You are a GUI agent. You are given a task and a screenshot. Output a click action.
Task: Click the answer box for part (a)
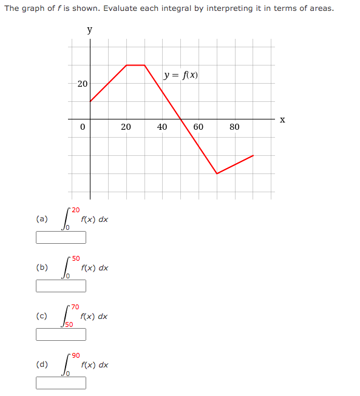tap(61, 237)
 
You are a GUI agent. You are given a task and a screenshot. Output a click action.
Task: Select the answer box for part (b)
tap(61, 286)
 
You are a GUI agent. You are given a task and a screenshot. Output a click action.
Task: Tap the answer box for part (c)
tap(61, 334)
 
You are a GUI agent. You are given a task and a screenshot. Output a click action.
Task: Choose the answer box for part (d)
tap(61, 383)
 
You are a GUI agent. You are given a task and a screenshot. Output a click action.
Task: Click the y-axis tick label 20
tap(82, 83)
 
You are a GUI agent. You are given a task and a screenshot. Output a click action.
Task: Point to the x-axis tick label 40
tap(162, 127)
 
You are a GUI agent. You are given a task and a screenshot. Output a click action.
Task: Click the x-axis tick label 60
tap(199, 127)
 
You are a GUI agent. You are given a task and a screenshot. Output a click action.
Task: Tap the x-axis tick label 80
tap(235, 127)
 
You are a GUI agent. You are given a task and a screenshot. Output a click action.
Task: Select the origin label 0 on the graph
tap(83, 127)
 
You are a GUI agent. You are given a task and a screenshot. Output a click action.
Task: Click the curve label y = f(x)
tap(180, 76)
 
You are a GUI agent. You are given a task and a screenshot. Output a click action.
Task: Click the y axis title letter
tap(90, 30)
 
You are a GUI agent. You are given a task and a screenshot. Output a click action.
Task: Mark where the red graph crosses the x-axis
tap(181, 119)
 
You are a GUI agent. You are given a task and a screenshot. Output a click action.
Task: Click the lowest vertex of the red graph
tap(217, 173)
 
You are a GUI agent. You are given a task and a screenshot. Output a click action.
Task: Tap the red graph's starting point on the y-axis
tap(90, 101)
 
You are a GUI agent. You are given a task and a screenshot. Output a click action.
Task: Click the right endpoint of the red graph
tap(253, 155)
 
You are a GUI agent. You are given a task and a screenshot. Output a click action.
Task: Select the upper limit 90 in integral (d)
tap(76, 355)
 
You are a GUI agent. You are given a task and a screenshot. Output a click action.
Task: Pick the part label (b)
tap(42, 267)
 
